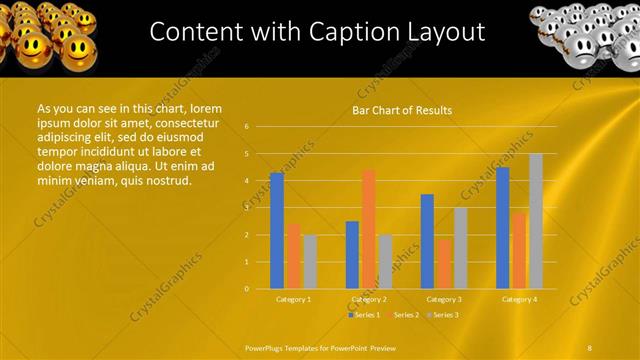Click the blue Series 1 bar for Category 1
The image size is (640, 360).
coord(277,231)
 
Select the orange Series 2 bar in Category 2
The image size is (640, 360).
coord(369,229)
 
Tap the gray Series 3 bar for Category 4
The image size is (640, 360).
coord(536,221)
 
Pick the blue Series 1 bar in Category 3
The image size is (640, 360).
coord(427,241)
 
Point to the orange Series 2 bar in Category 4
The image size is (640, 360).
coord(519,251)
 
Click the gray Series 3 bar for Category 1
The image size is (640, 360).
coord(310,262)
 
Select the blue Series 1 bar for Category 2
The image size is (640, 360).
coord(352,255)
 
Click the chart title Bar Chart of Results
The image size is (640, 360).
coord(402,110)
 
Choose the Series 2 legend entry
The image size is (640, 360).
coord(402,315)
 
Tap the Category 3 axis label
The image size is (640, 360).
coord(444,299)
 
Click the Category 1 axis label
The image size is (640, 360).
coord(293,299)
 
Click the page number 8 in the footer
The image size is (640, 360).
coord(590,347)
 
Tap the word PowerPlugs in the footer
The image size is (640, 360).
coord(266,347)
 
